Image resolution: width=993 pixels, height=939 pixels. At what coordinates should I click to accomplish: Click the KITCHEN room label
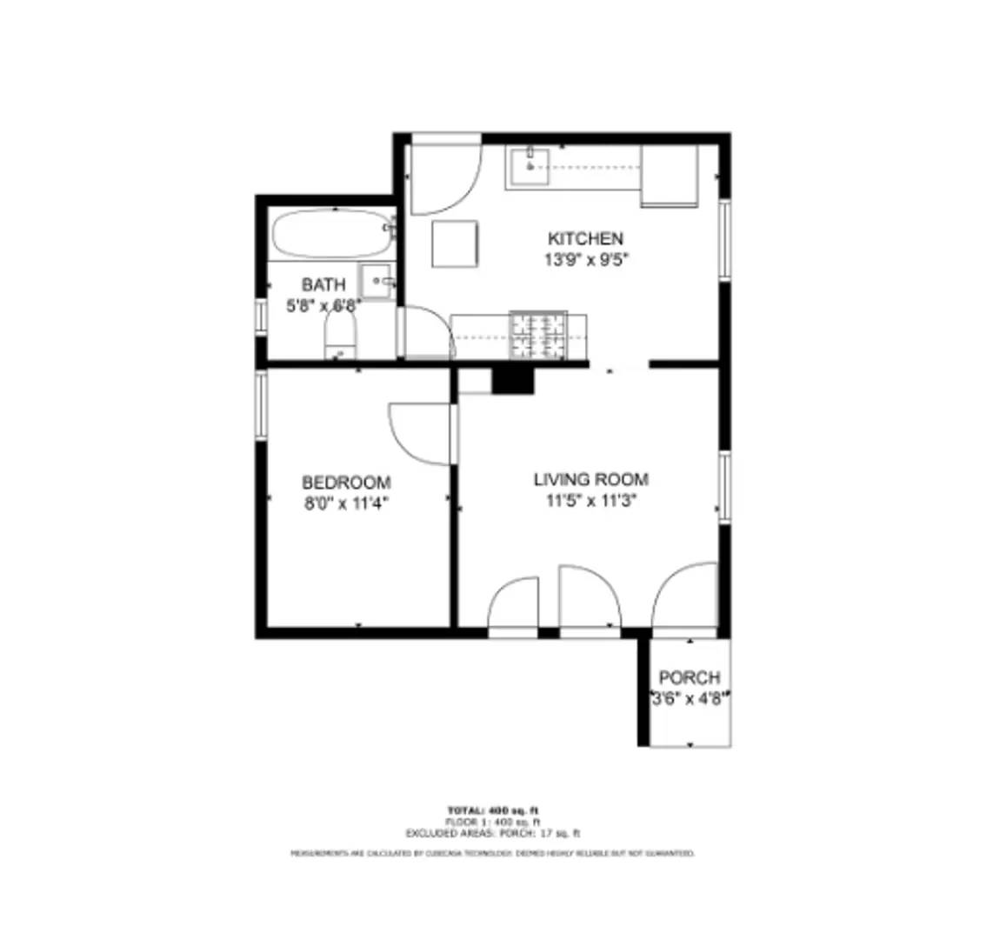(585, 238)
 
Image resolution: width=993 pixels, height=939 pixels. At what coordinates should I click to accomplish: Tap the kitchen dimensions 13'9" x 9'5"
(585, 259)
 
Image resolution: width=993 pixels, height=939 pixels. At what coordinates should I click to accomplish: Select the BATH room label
(323, 285)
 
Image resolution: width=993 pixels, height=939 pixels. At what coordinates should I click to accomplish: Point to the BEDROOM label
(346, 482)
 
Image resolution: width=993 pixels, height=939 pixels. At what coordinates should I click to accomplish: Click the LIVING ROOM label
(590, 479)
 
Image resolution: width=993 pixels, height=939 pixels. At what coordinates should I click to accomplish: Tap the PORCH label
(690, 677)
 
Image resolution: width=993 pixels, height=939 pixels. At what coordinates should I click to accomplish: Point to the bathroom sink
(377, 281)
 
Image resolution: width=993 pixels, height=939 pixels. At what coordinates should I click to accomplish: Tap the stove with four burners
(537, 335)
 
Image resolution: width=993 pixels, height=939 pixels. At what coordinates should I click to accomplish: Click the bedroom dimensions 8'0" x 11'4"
(346, 502)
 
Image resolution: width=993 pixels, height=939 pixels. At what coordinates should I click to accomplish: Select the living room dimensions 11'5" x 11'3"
(590, 500)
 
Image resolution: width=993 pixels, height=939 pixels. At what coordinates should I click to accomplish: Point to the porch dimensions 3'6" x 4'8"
(690, 697)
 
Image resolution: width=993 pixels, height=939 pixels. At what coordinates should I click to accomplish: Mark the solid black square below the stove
(512, 380)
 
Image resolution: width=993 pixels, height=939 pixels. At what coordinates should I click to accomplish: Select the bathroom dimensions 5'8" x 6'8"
(323, 305)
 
